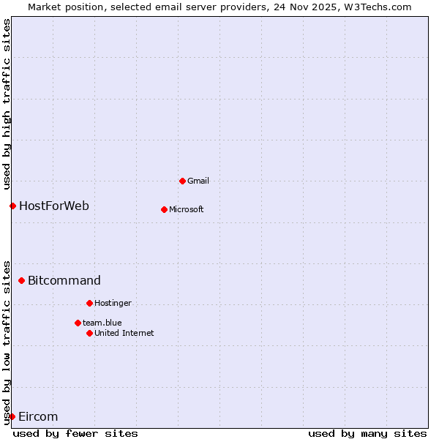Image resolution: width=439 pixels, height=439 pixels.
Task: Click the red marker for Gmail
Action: pyautogui.click(x=182, y=181)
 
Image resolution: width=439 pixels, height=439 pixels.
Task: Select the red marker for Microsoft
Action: pyautogui.click(x=164, y=209)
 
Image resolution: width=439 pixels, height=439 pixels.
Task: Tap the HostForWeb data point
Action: pyautogui.click(x=12, y=206)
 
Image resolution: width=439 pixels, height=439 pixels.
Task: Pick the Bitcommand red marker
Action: pyautogui.click(x=21, y=280)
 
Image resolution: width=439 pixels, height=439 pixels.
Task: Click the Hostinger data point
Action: pyautogui.click(x=89, y=303)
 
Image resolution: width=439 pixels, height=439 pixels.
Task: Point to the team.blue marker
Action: pyautogui.click(x=78, y=323)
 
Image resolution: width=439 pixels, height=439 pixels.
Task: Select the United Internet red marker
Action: pyautogui.click(x=89, y=333)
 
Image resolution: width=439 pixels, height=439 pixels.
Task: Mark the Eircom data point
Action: pyautogui.click(x=12, y=416)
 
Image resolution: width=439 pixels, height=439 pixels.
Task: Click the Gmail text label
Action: pyautogui.click(x=198, y=181)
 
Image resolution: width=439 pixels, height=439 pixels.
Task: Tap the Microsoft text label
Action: pyautogui.click(x=187, y=209)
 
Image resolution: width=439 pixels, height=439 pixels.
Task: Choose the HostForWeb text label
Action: pyautogui.click(x=54, y=206)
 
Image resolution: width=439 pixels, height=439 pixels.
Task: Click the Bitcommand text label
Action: pyautogui.click(x=64, y=280)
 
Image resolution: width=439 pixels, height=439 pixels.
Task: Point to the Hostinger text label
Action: pyautogui.click(x=113, y=303)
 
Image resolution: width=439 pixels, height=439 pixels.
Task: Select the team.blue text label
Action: pyautogui.click(x=102, y=323)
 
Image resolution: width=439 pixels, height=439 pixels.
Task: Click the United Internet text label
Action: pyautogui.click(x=124, y=333)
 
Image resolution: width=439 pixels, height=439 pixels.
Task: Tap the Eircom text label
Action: pyautogui.click(x=38, y=416)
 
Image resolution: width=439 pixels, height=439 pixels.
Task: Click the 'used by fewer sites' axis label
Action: pyautogui.click(x=75, y=433)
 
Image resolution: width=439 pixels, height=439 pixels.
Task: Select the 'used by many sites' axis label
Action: pyautogui.click(x=367, y=433)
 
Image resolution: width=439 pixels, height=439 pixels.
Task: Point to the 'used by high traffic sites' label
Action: pyautogui.click(x=7, y=102)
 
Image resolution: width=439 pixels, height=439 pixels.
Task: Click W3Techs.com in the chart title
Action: pyautogui.click(x=377, y=7)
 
